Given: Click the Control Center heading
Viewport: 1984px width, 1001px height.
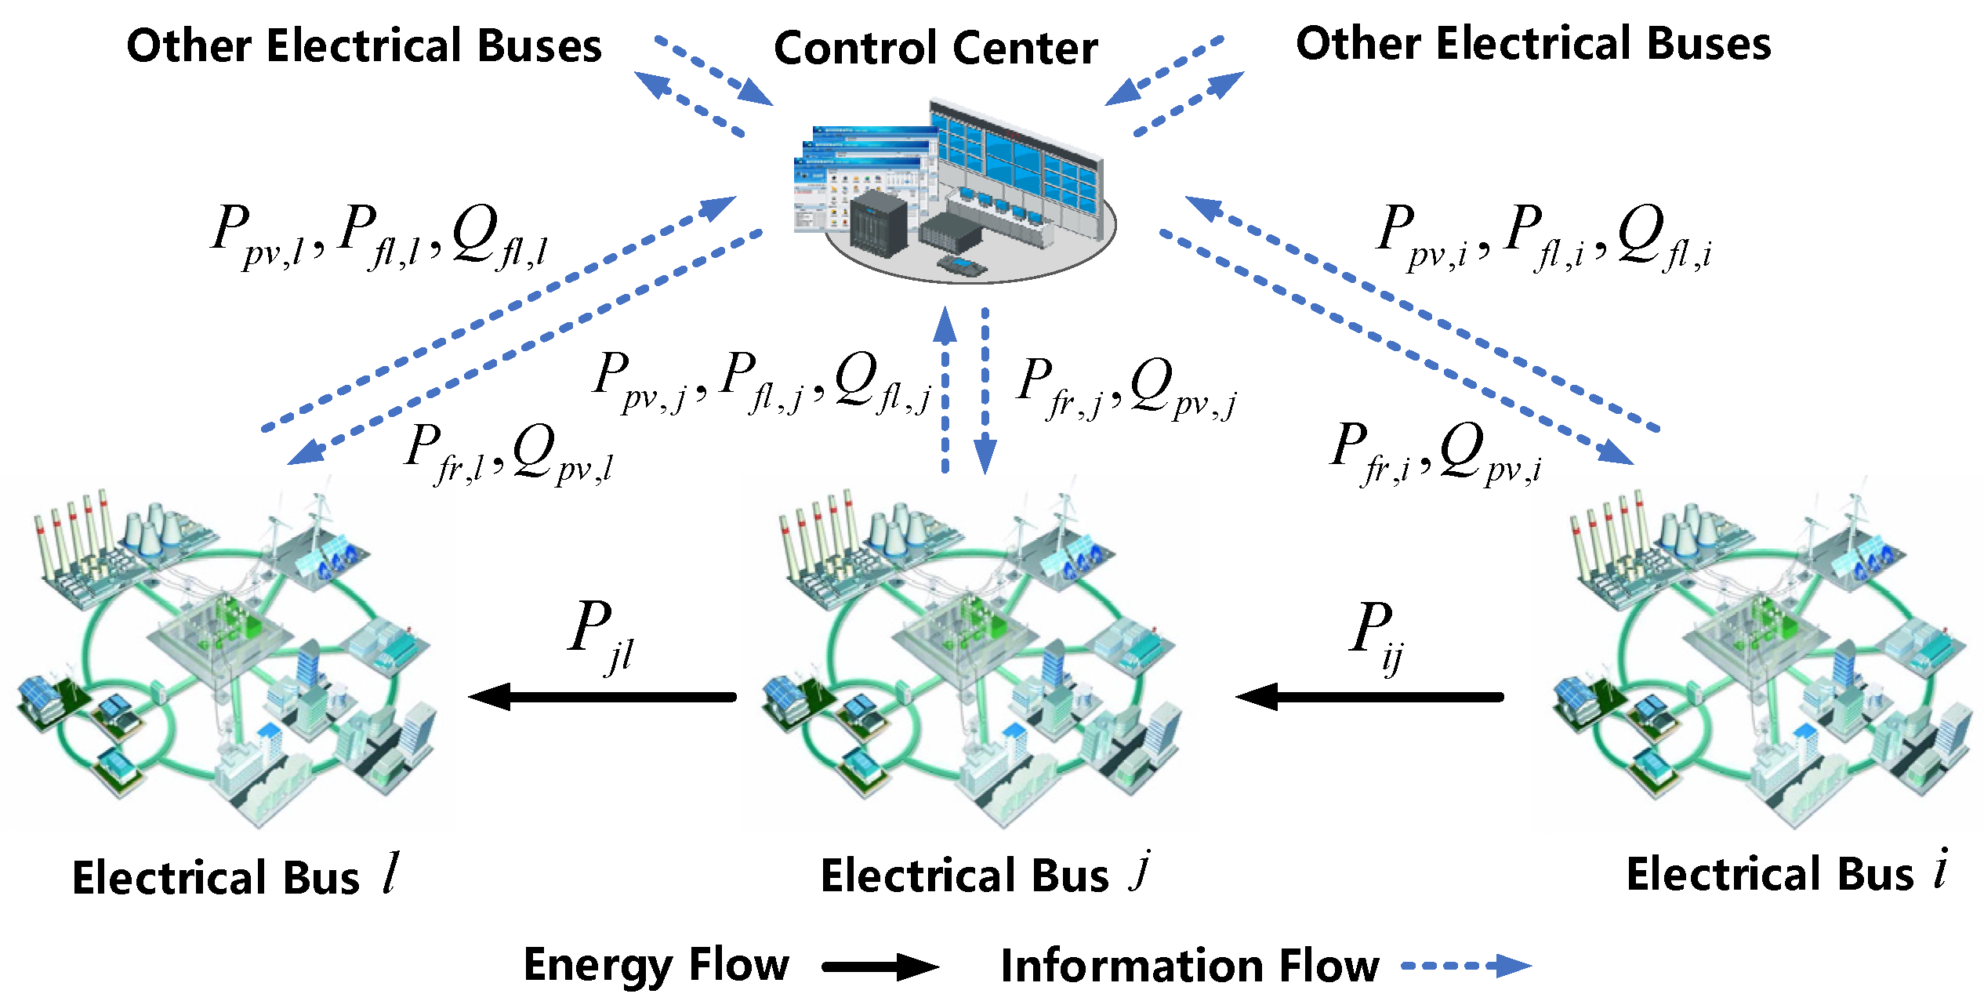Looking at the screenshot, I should click(x=935, y=49).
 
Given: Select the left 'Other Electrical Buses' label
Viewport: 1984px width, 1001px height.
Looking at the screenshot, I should click(x=364, y=45).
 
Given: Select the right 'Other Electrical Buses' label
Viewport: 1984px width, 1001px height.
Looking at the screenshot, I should click(x=1533, y=44).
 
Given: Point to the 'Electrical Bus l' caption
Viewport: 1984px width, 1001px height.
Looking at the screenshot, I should click(x=235, y=876).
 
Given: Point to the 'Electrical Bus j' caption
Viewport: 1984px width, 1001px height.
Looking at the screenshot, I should click(x=985, y=874).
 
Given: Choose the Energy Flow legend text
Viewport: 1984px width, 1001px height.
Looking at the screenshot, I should click(x=656, y=965).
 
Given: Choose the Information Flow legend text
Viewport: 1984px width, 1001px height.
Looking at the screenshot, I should click(x=1190, y=966).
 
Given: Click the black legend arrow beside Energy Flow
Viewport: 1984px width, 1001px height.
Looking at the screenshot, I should click(x=880, y=967).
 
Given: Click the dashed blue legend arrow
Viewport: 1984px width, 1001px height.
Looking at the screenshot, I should click(x=1466, y=966).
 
